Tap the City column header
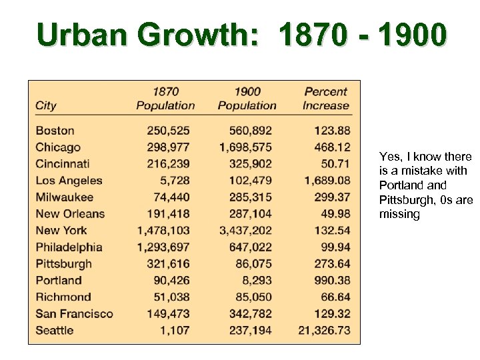(46, 105)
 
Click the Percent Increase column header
(325, 98)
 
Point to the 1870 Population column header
(165, 98)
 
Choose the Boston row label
(55, 131)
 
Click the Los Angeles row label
(69, 181)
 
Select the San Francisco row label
(74, 314)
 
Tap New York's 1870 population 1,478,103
(163, 231)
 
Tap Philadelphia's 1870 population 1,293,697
(163, 247)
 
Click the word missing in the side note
(399, 215)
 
